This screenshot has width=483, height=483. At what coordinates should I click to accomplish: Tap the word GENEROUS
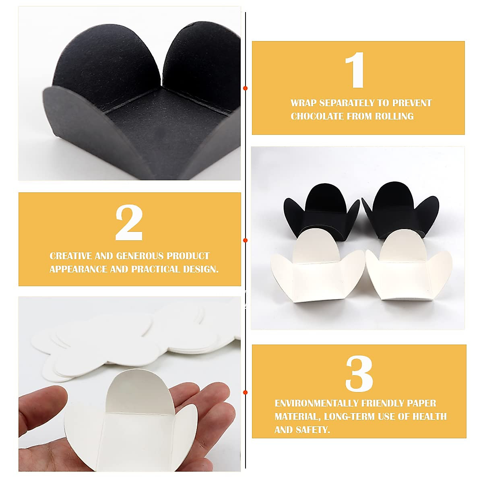coord(140,256)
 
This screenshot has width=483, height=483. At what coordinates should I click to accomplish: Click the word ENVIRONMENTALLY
coord(315,403)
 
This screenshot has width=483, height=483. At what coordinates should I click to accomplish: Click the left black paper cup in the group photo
coord(318,211)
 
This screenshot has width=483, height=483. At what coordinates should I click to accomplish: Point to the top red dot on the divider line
coord(246,88)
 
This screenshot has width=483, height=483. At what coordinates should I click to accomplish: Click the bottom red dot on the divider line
coord(246,392)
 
